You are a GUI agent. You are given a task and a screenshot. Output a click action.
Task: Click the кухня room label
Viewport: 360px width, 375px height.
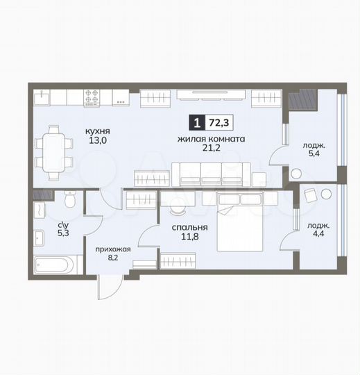pyautogui.click(x=97, y=130)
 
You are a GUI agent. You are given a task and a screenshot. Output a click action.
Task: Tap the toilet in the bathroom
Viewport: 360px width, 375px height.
pyautogui.click(x=69, y=199)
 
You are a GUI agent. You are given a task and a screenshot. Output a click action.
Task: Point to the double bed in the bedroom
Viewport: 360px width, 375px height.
pyautogui.click(x=248, y=224)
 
